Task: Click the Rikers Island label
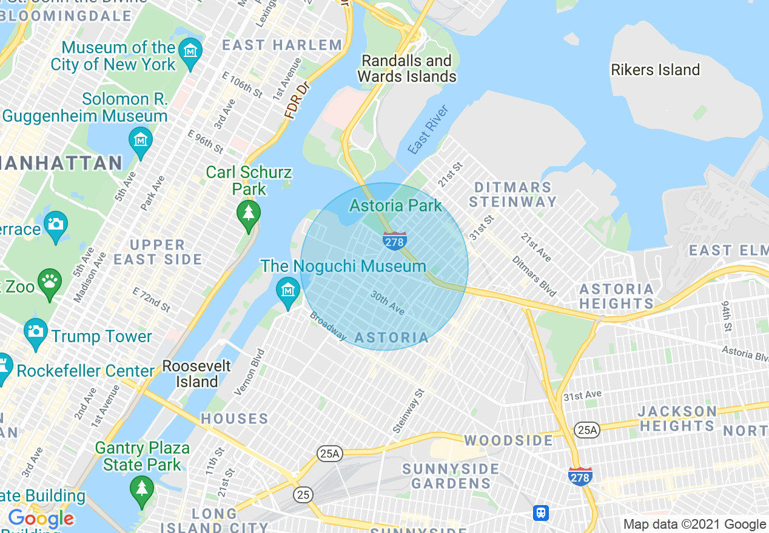[655, 70]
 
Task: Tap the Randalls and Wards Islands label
[406, 68]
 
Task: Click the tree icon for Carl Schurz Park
[248, 214]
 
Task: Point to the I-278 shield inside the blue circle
[394, 240]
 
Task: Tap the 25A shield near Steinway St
[330, 453]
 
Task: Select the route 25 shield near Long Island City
[303, 495]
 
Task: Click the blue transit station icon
[541, 513]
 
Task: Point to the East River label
[428, 130]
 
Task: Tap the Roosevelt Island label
[197, 374]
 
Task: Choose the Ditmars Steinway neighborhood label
[513, 194]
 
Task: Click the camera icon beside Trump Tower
[36, 332]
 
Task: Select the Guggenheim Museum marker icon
[141, 141]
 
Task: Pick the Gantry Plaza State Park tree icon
[141, 488]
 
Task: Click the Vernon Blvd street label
[249, 372]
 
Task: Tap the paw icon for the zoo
[50, 282]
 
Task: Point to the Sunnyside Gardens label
[451, 476]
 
